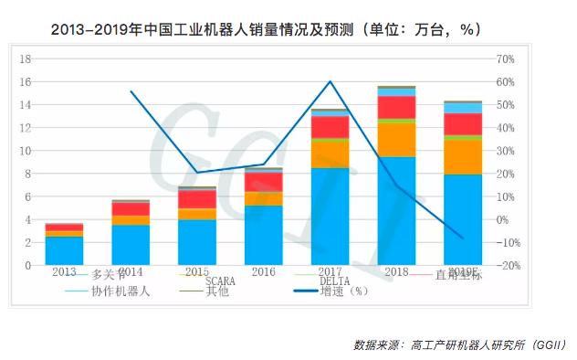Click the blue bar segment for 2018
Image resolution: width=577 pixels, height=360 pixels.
(x=396, y=210)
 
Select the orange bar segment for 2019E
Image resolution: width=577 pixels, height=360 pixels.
(x=462, y=156)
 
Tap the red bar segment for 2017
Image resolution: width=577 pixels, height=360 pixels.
(x=330, y=127)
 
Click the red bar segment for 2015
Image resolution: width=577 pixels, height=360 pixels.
(x=196, y=199)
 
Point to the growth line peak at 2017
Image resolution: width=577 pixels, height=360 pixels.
(x=330, y=82)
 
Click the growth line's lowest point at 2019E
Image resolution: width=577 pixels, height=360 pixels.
(x=462, y=238)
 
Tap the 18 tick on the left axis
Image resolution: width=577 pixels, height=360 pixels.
(x=26, y=58)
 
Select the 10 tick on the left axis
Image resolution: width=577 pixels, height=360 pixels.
(x=26, y=151)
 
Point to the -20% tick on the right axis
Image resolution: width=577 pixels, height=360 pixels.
(x=508, y=266)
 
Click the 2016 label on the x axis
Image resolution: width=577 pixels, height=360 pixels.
(x=263, y=271)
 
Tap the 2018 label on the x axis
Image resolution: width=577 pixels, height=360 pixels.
(x=396, y=271)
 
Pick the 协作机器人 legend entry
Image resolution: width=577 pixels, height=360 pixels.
(x=119, y=291)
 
